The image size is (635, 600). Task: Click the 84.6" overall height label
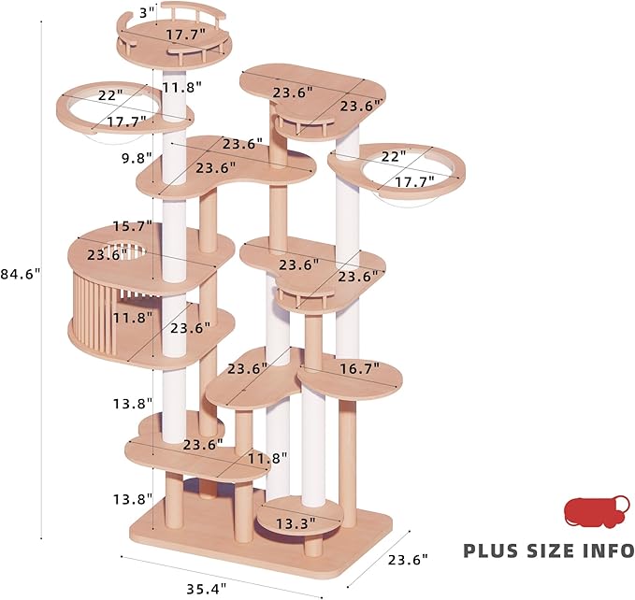click(x=21, y=274)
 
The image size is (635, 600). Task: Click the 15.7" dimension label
click(x=128, y=227)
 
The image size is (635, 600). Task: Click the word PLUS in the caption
click(x=497, y=550)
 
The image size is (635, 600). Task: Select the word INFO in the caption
click(x=609, y=550)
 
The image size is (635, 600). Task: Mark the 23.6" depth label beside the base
click(x=403, y=558)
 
